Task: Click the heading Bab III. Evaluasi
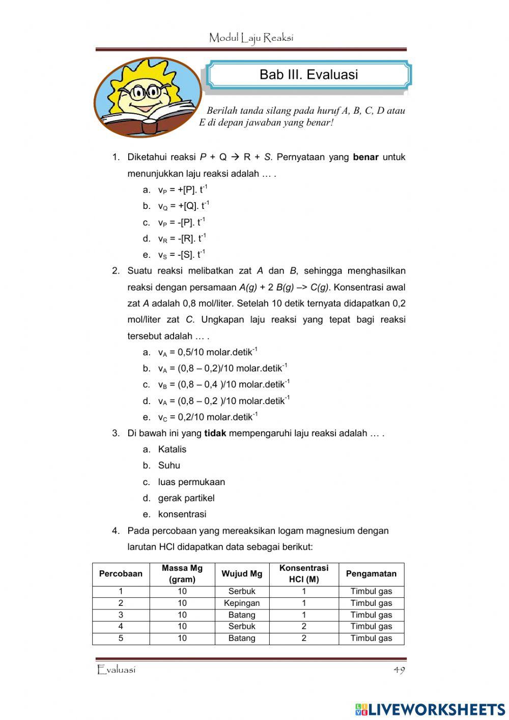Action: pos(308,74)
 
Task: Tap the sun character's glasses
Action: pos(144,93)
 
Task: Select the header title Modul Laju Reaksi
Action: pos(251,38)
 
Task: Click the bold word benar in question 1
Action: pos(365,157)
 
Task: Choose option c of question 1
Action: pos(181,223)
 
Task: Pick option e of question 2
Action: pos(208,417)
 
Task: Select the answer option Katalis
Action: pos(172,449)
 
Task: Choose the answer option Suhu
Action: pos(169,466)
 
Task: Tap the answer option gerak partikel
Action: pos(186,498)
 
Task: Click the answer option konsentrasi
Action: pos(182,515)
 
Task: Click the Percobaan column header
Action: pos(121,574)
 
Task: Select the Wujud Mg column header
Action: pos(242,574)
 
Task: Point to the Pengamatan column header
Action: pos(371,574)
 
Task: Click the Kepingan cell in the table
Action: pos(242,603)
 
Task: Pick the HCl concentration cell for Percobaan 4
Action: pos(304,627)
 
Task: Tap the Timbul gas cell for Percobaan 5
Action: pos(371,638)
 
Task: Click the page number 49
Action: pos(399,670)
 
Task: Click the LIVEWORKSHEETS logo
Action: pos(430,709)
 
